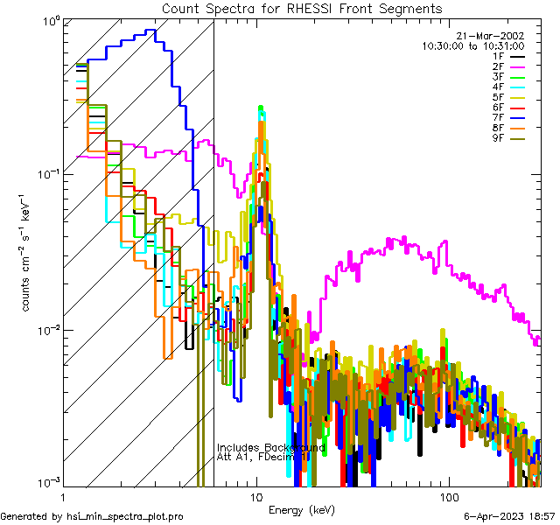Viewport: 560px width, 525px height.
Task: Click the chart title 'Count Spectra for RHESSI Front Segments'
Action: pyautogui.click(x=302, y=8)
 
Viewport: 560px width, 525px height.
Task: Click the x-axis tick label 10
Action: pyautogui.click(x=256, y=496)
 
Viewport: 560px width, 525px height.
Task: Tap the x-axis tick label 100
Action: pyautogui.click(x=448, y=496)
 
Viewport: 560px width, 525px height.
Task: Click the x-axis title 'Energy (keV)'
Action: pyautogui.click(x=302, y=509)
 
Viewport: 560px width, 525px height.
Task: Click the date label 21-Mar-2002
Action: pyautogui.click(x=495, y=35)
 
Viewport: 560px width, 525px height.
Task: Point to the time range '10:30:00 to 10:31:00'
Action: pyautogui.click(x=473, y=45)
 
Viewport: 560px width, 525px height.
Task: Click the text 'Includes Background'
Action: pyautogui.click(x=271, y=447)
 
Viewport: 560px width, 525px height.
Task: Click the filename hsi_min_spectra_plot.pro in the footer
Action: pyautogui.click(x=126, y=517)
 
